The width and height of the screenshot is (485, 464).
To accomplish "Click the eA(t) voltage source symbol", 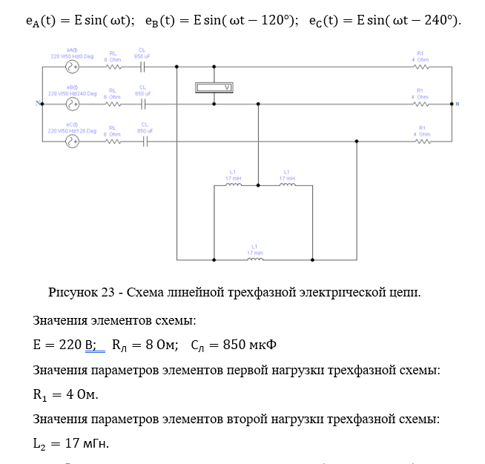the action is coord(73,67).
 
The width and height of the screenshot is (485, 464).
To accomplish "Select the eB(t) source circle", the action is coord(73,105).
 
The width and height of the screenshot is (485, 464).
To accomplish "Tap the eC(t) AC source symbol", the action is coord(73,142).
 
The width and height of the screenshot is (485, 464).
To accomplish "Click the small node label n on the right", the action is coord(458,104).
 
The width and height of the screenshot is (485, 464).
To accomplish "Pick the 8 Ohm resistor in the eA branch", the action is coord(113,67).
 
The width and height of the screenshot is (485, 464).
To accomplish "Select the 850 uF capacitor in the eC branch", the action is coord(144,142).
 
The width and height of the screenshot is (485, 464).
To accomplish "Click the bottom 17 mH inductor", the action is coord(254,259).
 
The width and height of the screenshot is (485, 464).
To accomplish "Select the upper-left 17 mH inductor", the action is coord(233,185).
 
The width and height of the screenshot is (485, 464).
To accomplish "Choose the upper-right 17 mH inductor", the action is coord(287,185).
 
